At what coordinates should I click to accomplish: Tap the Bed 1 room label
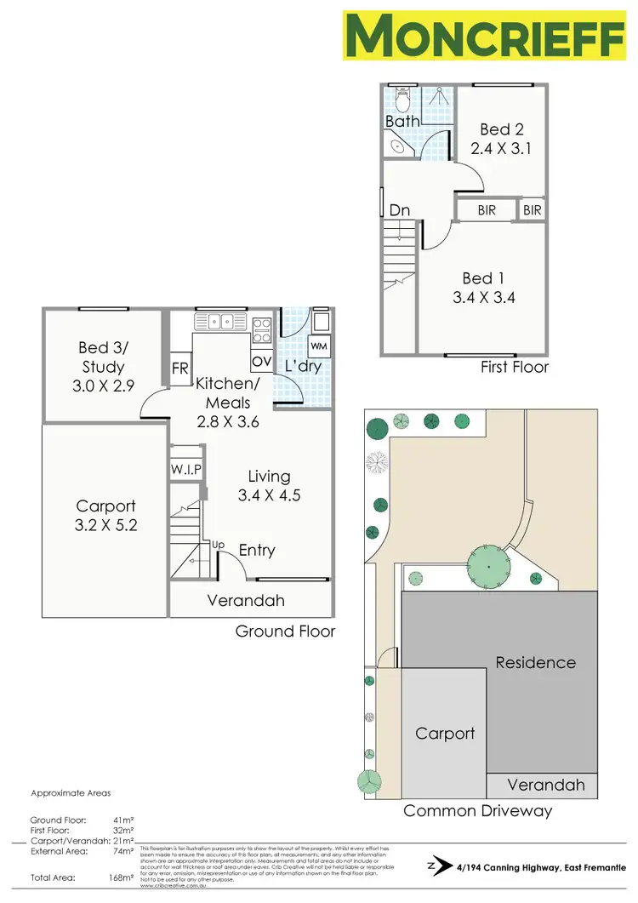(x=477, y=278)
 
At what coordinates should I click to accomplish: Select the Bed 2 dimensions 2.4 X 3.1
(x=501, y=147)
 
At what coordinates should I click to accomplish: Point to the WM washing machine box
(x=319, y=346)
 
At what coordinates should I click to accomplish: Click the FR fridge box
(x=180, y=369)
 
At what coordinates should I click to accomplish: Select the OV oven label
(x=261, y=361)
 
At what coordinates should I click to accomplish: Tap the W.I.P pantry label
(x=185, y=469)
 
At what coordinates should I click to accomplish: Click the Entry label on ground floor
(x=257, y=551)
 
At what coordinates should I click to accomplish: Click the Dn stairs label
(x=401, y=209)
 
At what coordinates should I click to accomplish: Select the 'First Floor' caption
(x=515, y=367)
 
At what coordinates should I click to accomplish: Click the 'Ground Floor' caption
(x=285, y=632)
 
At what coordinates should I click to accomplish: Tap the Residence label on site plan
(x=535, y=662)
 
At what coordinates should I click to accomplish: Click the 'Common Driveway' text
(x=477, y=810)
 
